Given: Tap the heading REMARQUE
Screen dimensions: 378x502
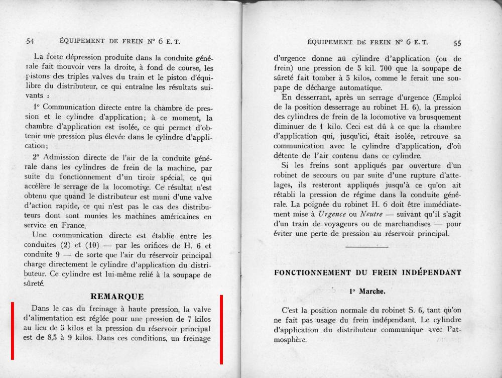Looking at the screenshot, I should (x=117, y=297).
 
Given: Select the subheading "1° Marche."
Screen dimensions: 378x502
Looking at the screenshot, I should (x=367, y=291).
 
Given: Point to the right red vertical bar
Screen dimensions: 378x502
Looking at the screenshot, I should (x=221, y=329).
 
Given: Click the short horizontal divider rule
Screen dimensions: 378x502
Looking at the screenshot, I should (x=366, y=247).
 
